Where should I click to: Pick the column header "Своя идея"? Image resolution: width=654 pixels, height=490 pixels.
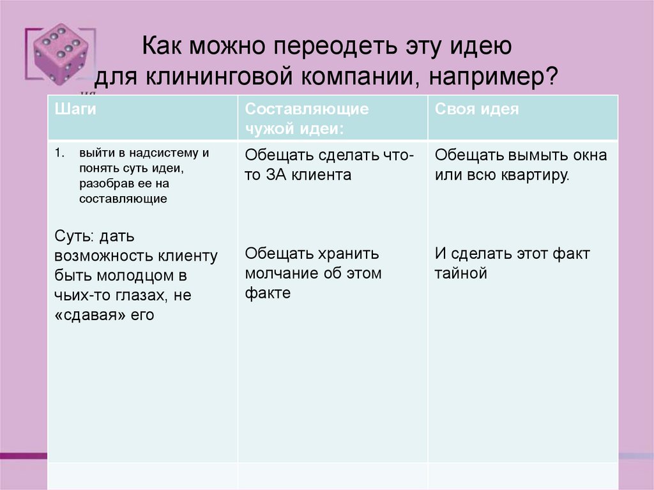point(476,109)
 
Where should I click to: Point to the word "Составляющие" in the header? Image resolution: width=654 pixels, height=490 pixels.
point(307,109)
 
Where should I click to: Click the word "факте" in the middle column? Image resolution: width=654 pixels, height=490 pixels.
point(267,293)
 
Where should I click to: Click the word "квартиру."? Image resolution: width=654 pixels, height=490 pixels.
point(533,174)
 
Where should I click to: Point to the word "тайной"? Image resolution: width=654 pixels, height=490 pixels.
point(460,273)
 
